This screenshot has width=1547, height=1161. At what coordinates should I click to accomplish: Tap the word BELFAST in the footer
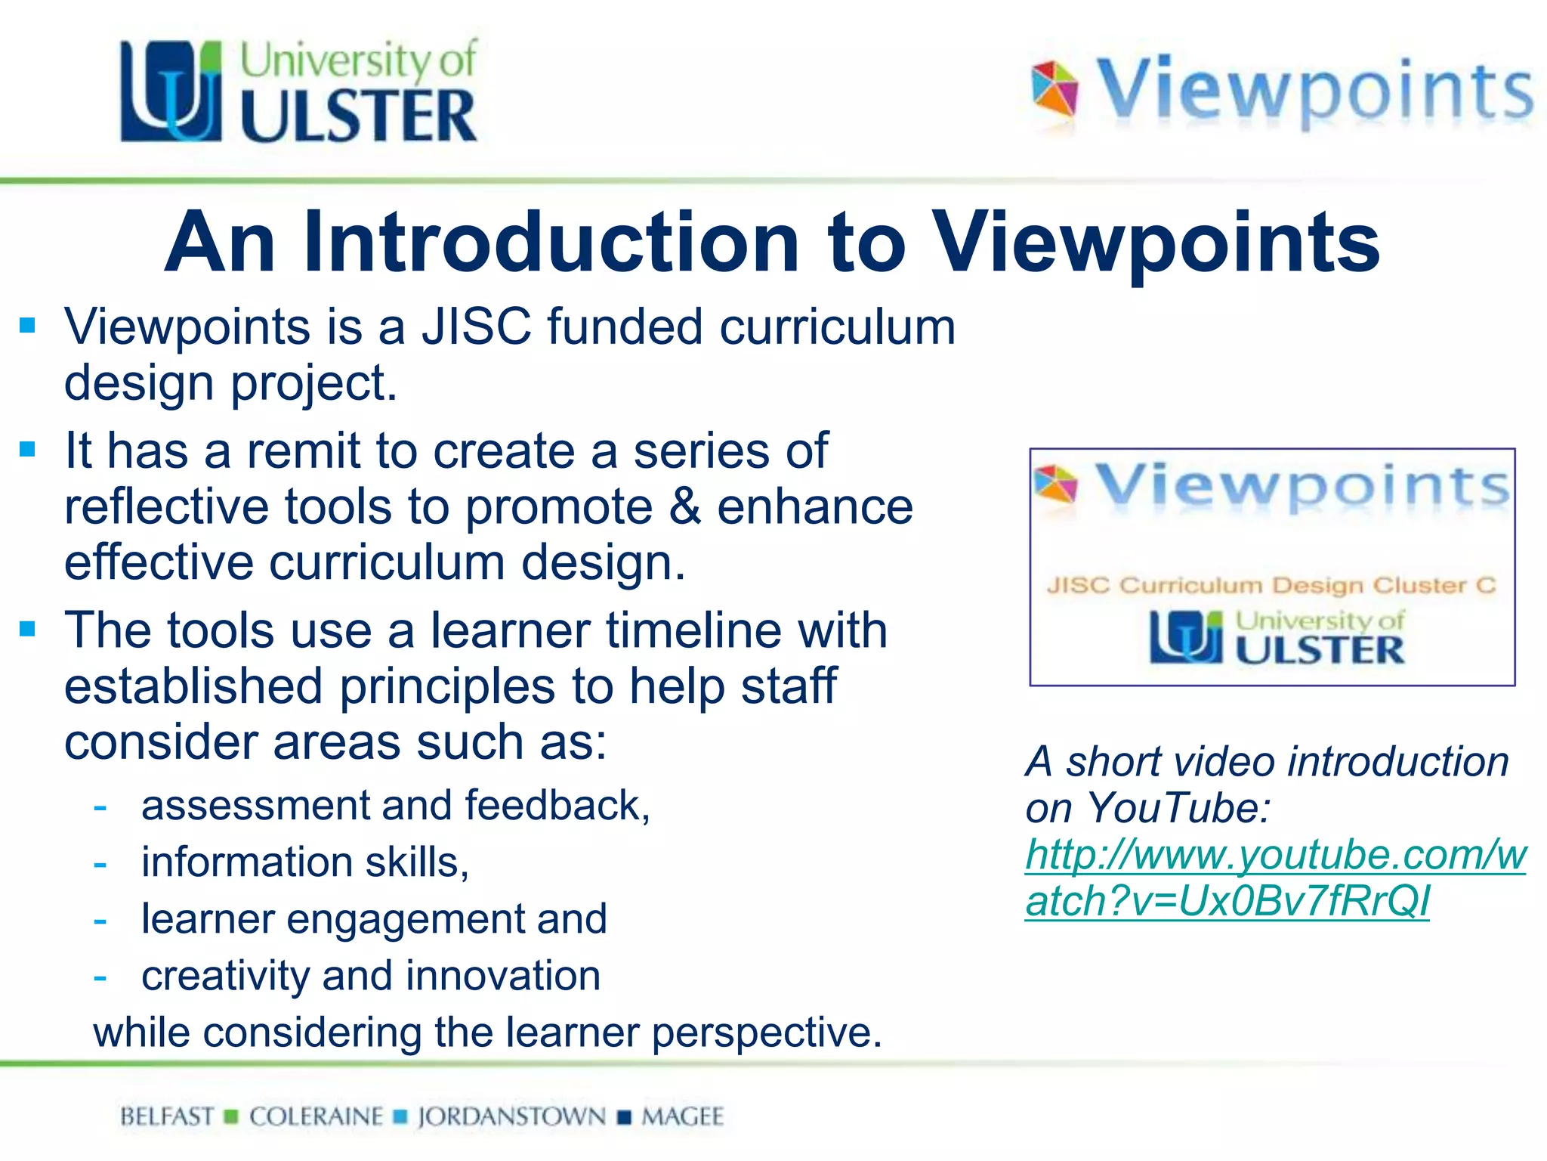[x=167, y=1116]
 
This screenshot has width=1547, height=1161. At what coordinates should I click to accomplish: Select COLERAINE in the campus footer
[x=316, y=1116]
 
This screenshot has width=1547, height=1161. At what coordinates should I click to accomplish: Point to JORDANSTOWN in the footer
[x=511, y=1116]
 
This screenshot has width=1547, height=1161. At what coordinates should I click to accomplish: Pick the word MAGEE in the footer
[x=682, y=1116]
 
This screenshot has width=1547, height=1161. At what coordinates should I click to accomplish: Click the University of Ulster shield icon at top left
[x=171, y=91]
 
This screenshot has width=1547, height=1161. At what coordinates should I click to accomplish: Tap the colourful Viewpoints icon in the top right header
[x=1054, y=89]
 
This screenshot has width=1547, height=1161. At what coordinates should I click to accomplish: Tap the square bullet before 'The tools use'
[x=28, y=630]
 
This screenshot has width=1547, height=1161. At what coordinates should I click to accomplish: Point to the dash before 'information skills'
[x=100, y=863]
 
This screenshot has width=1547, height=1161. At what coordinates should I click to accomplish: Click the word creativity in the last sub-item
[x=225, y=976]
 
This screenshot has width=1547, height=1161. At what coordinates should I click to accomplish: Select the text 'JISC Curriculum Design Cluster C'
[x=1271, y=585]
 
